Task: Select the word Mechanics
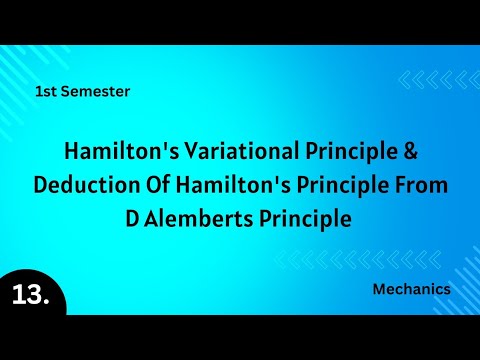[410, 289]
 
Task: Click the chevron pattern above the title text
[438, 80]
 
